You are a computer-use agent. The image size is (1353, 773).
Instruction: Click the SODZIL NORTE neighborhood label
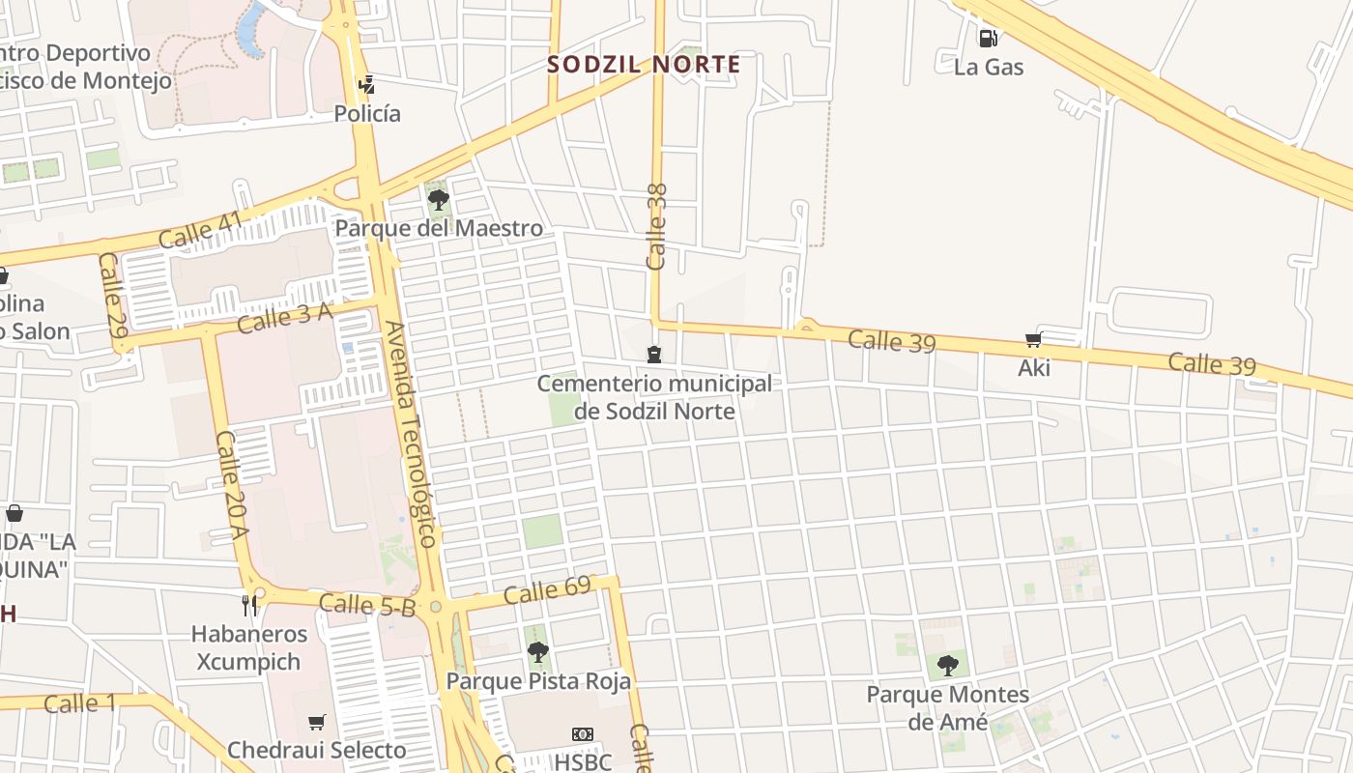pyautogui.click(x=644, y=65)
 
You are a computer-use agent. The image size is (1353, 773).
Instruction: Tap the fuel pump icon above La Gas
pyautogui.click(x=988, y=39)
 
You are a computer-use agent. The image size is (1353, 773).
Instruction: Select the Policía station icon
pyautogui.click(x=366, y=85)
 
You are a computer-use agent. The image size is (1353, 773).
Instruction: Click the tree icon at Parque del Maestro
pyautogui.click(x=439, y=200)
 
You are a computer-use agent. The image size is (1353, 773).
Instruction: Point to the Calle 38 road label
pyautogui.click(x=657, y=226)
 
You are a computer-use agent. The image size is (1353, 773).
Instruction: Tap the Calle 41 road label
pyautogui.click(x=201, y=231)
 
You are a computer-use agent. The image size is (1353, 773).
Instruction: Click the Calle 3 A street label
pyautogui.click(x=284, y=317)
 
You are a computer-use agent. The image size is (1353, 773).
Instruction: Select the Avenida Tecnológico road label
pyautogui.click(x=413, y=435)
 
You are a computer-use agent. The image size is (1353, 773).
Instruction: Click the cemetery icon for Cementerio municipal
pyautogui.click(x=654, y=356)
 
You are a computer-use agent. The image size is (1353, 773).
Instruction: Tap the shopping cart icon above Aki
pyautogui.click(x=1033, y=340)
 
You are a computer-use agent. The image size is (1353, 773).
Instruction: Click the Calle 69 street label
pyautogui.click(x=547, y=589)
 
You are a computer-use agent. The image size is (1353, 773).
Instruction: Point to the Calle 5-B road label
pyautogui.click(x=366, y=605)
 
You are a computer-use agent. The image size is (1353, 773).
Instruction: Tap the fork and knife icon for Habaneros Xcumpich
pyautogui.click(x=250, y=606)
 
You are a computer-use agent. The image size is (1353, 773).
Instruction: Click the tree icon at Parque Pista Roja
pyautogui.click(x=538, y=652)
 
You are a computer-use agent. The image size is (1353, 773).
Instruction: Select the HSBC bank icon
pyautogui.click(x=582, y=734)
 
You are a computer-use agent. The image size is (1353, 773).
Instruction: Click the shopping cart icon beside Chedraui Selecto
pyautogui.click(x=317, y=722)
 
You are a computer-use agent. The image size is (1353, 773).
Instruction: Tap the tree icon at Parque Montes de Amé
pyautogui.click(x=947, y=665)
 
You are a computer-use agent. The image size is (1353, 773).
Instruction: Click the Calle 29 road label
pyautogui.click(x=113, y=295)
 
